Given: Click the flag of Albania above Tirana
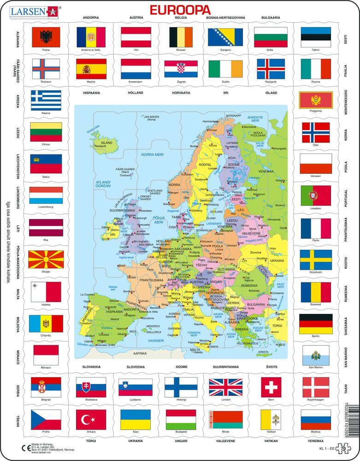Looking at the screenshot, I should click(x=46, y=37).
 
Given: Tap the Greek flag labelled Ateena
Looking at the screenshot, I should click(x=46, y=100).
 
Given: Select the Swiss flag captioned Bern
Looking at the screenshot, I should click(x=271, y=387).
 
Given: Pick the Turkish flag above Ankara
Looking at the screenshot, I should click(x=90, y=420).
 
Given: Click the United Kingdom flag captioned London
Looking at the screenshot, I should click(x=225, y=387).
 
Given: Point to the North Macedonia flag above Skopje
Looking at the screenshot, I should click(x=46, y=260).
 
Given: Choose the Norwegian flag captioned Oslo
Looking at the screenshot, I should click(x=316, y=132).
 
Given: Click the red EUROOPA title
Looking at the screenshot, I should click(x=180, y=10).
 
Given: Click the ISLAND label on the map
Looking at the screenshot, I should click(x=106, y=143).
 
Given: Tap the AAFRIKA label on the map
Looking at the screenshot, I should click(x=139, y=353).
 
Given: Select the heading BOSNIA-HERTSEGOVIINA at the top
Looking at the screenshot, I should click(x=225, y=18).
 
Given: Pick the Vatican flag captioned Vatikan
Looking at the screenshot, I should click(x=271, y=420).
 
